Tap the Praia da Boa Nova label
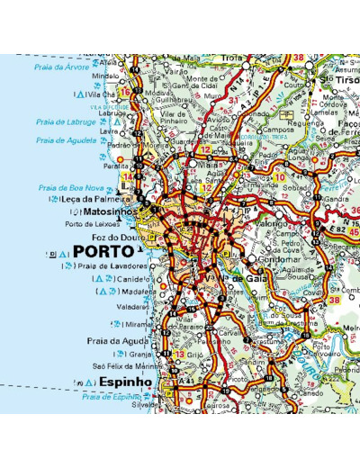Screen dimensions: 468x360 68,187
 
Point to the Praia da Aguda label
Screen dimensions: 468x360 118,341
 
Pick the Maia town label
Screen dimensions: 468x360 212,165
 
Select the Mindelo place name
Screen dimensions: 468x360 105,76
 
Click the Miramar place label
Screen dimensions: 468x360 139,324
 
